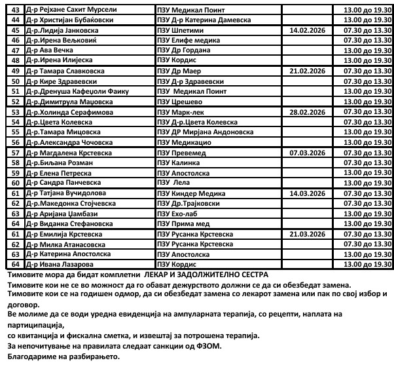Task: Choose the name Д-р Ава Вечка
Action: click(x=49, y=50)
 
